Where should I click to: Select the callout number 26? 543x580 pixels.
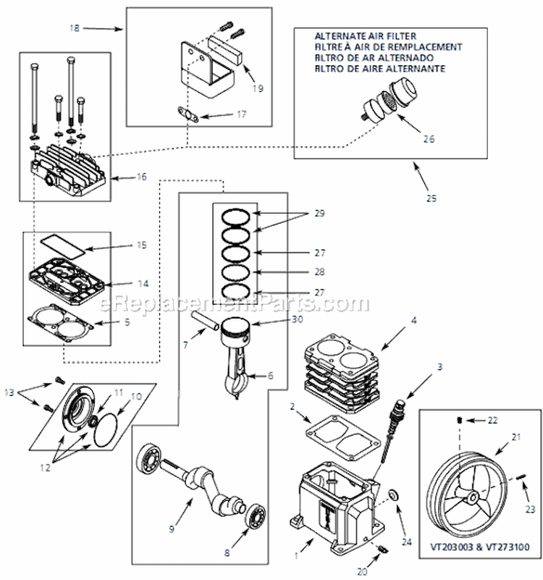point(429,139)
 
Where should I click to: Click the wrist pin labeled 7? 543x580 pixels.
point(205,319)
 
